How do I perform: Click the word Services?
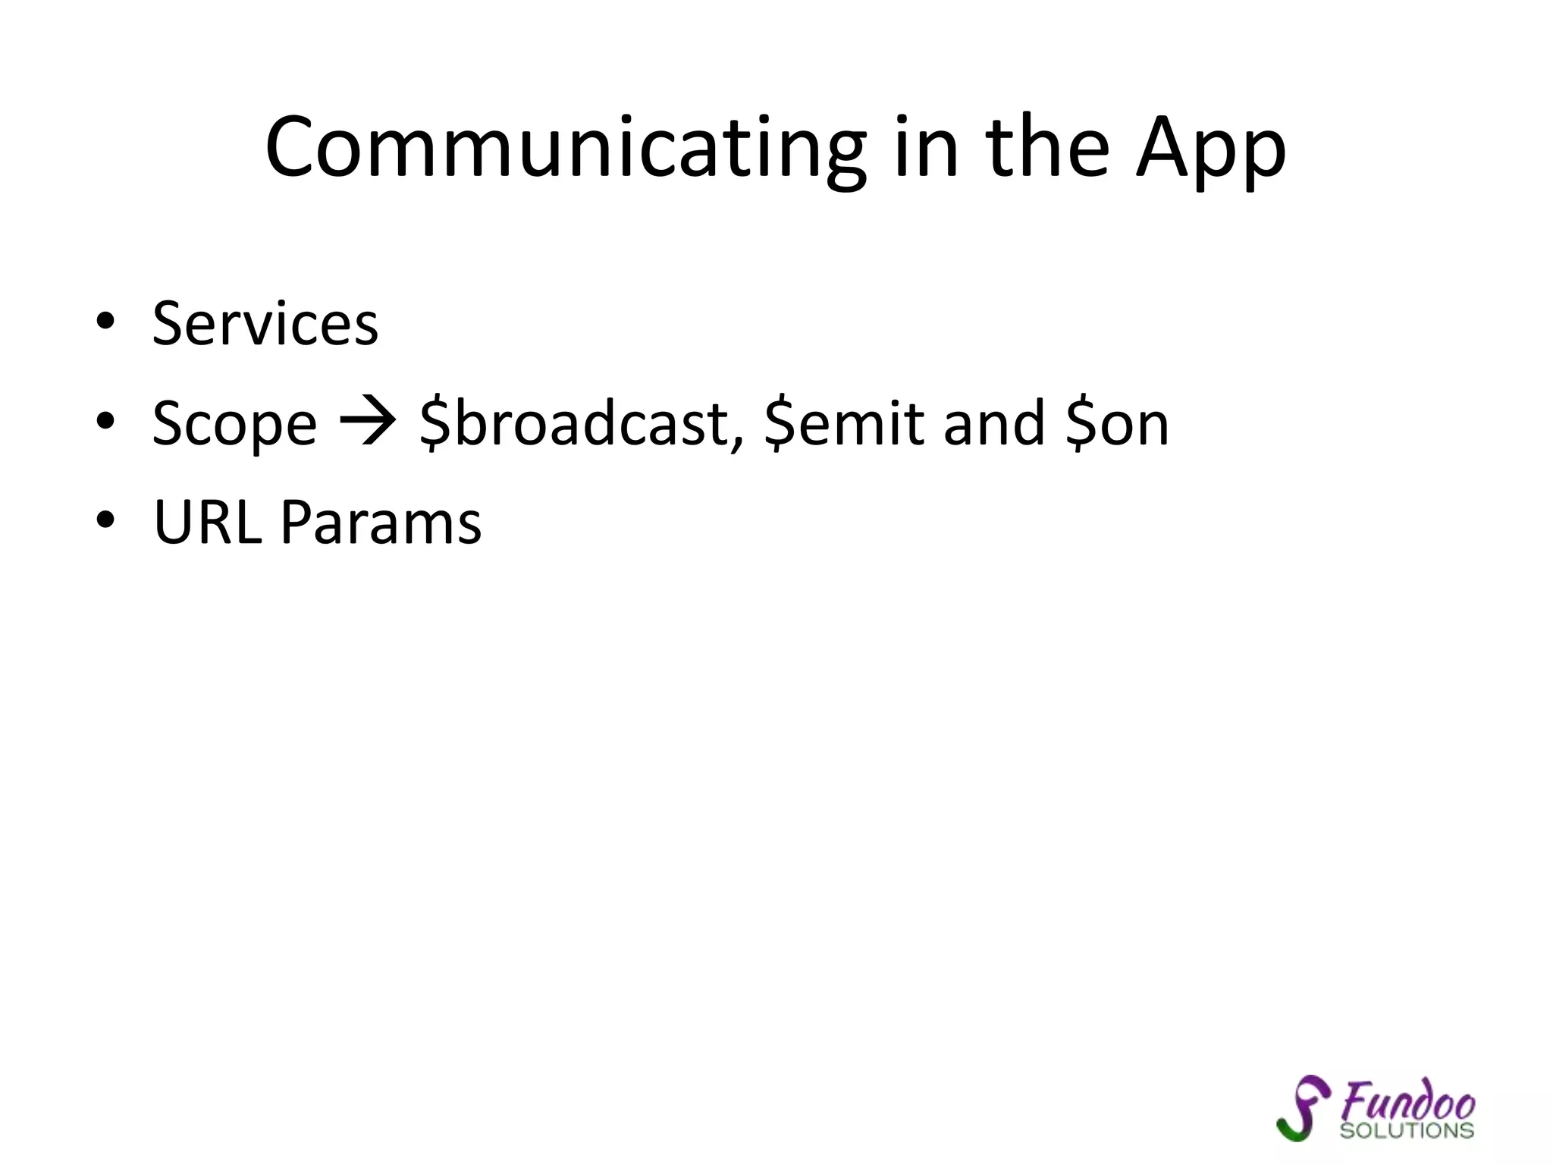point(265,324)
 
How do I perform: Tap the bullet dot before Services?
point(105,322)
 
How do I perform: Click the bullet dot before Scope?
point(105,421)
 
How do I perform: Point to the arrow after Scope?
point(368,422)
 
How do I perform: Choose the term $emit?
point(844,423)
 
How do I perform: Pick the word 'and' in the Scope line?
point(993,423)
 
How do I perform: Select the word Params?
point(381,523)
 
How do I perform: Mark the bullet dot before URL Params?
point(105,520)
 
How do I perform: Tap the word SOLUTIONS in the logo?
point(1407,1131)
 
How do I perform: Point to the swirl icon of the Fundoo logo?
point(1302,1107)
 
